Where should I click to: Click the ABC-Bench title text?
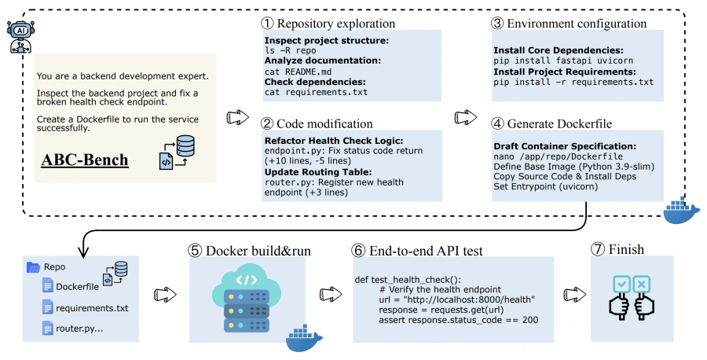coord(84,160)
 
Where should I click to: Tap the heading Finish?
coord(624,250)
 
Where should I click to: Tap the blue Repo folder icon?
coord(33,267)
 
